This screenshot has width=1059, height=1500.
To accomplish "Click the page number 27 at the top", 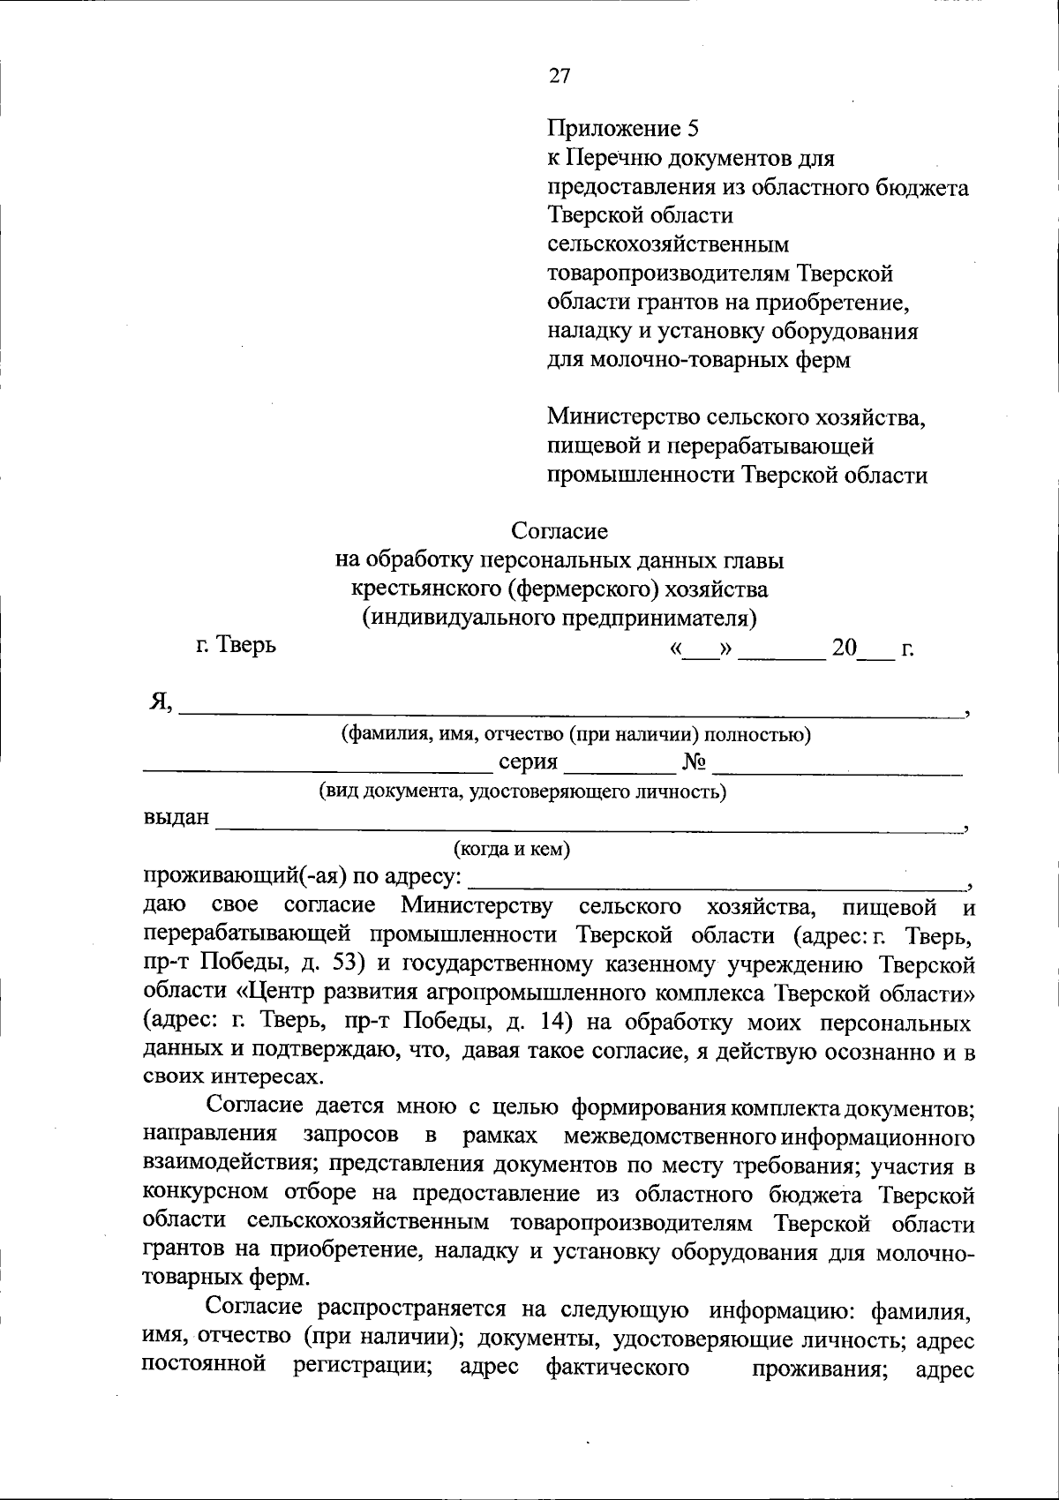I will pos(560,76).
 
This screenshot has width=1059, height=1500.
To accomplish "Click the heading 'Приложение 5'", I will pos(623,129).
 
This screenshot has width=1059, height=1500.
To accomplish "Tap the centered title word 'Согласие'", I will pos(560,531).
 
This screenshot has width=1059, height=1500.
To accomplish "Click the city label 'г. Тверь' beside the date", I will pos(235,646).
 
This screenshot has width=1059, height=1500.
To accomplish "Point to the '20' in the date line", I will pos(844,649).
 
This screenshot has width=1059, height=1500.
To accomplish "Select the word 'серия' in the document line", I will pos(528,762).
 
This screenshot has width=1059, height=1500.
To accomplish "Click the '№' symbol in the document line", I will pos(694,762).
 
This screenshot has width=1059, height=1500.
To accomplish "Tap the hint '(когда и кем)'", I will pos(512,849).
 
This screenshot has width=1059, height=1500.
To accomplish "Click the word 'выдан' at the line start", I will pos(176,818).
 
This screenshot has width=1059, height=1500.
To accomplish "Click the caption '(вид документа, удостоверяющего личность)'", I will pos(522,791).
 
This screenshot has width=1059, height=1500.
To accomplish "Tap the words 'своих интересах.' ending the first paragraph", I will pos(232,1077).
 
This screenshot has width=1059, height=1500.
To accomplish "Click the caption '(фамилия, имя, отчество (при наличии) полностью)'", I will pos(576,734).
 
